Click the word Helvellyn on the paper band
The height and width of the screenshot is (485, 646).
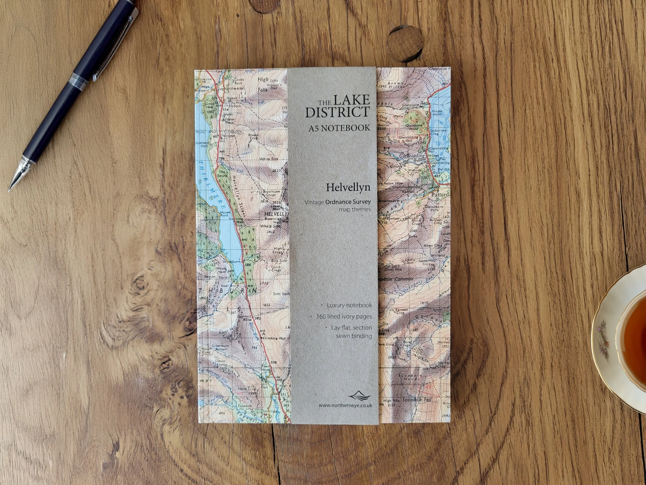tap(348, 187)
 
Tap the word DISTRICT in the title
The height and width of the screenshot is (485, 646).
tap(337, 112)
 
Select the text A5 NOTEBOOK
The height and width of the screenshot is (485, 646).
tap(339, 128)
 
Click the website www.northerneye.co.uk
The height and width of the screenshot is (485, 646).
tap(345, 405)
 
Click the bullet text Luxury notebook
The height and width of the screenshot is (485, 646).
tap(349, 305)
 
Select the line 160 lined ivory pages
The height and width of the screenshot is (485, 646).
tap(344, 316)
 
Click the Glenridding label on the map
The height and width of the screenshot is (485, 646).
tap(412, 156)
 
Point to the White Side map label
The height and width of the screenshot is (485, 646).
tap(269, 159)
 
